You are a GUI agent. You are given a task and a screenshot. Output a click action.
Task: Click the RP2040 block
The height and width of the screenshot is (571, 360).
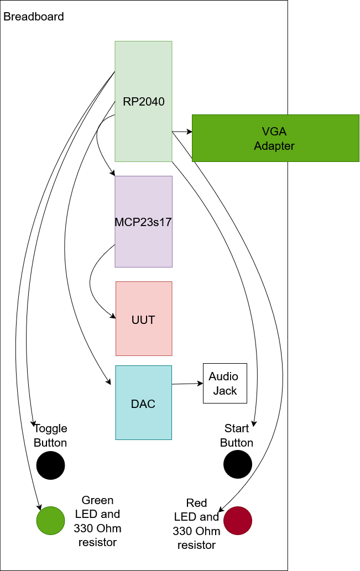click(x=143, y=102)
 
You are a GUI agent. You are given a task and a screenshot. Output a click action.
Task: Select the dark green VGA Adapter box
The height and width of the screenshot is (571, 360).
click(x=275, y=138)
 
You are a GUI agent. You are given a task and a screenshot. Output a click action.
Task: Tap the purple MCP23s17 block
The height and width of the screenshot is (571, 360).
click(x=143, y=222)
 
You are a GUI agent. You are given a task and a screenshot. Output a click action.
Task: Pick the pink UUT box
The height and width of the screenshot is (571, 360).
click(x=144, y=319)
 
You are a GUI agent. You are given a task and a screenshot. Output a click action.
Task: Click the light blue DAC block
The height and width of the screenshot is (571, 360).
click(x=143, y=403)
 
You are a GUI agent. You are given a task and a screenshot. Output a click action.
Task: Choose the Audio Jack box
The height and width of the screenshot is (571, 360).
click(x=225, y=384)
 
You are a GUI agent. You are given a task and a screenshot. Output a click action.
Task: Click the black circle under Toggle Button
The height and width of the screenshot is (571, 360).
click(x=51, y=465)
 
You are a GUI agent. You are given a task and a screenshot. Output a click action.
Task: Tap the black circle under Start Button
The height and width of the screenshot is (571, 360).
click(x=238, y=464)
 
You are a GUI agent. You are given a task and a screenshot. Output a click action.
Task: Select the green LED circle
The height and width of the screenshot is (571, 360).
click(x=51, y=520)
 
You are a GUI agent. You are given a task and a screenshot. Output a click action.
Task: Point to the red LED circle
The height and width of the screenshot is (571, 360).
click(x=238, y=520)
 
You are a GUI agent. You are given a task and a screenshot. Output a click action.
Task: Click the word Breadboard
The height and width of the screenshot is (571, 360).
click(x=34, y=17)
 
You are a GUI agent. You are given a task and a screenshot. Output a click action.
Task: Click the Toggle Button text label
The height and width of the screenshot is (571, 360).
click(x=50, y=436)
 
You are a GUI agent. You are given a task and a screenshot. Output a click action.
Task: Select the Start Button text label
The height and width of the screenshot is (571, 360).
click(x=237, y=436)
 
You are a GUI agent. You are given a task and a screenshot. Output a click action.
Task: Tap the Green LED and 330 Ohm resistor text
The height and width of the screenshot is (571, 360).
click(x=97, y=521)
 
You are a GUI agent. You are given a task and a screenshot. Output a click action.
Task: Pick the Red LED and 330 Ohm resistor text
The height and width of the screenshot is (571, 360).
click(x=197, y=524)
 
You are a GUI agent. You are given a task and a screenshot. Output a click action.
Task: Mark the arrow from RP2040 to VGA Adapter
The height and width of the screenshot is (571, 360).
click(x=182, y=132)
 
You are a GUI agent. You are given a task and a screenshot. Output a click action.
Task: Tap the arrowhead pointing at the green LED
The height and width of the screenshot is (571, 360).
click(x=39, y=506)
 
